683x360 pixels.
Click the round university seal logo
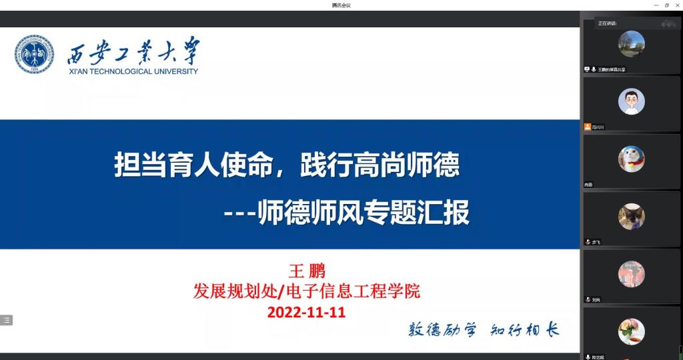(x=35, y=55)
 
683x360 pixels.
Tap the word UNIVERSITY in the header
(x=175, y=71)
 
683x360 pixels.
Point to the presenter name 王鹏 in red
(x=306, y=271)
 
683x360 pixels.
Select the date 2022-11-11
(x=306, y=311)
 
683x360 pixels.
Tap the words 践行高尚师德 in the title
(x=380, y=164)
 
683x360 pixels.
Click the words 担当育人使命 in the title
(x=194, y=164)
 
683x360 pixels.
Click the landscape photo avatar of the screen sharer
(x=631, y=44)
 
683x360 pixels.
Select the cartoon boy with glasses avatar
(x=631, y=101)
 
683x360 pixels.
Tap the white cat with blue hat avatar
(x=631, y=159)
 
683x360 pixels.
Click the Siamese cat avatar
(x=631, y=217)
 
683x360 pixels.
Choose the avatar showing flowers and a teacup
(x=631, y=331)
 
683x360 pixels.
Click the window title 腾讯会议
(x=341, y=5)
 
